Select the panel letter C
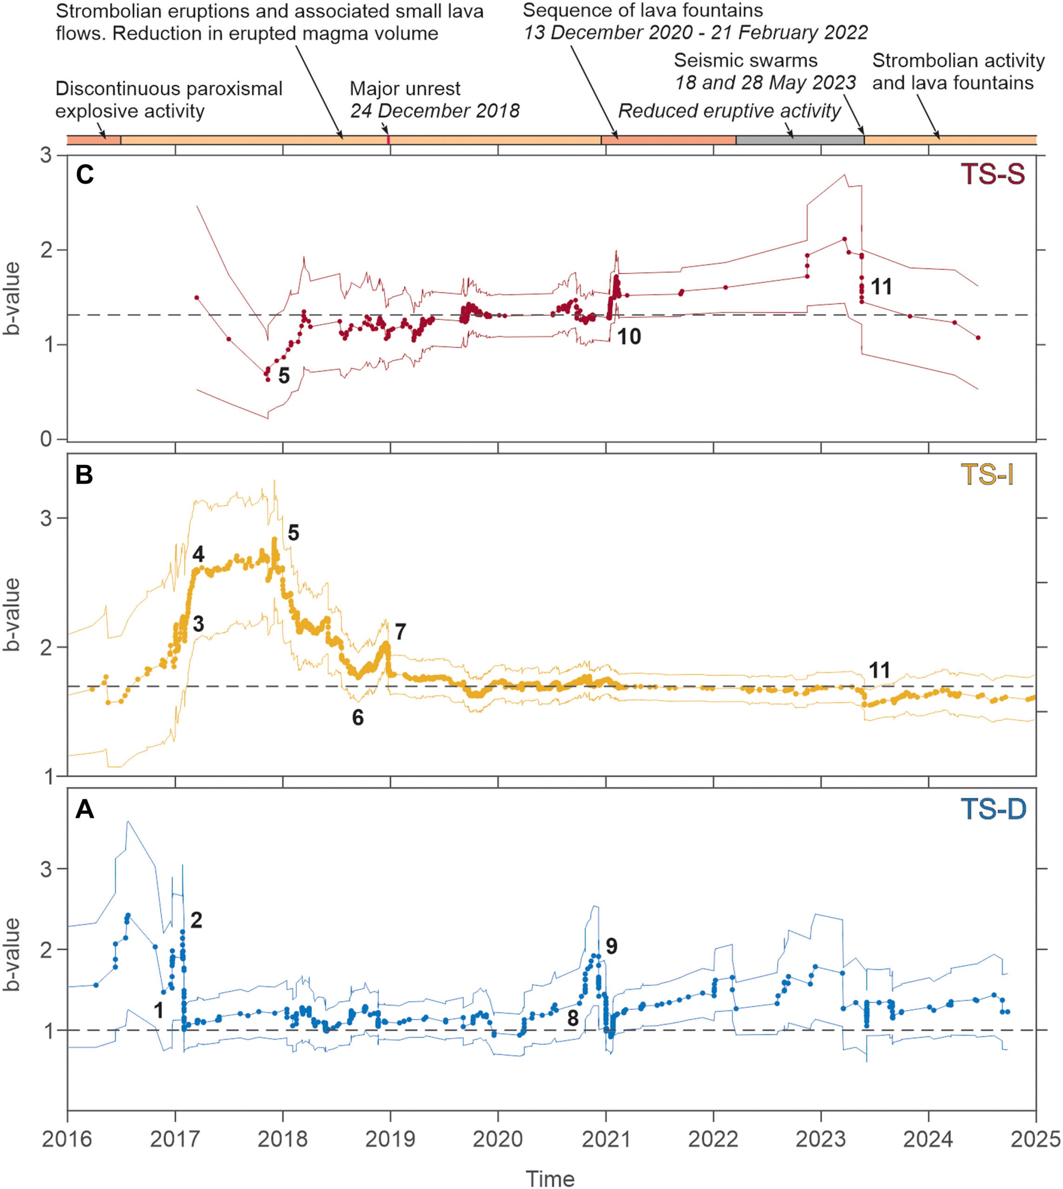pyautogui.click(x=85, y=176)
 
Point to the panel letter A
pyautogui.click(x=85, y=810)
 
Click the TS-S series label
pyautogui.click(x=992, y=175)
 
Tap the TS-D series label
pyautogui.click(x=992, y=810)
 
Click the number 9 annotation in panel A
pyautogui.click(x=611, y=946)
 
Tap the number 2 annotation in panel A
pyautogui.click(x=196, y=921)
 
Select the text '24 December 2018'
pyautogui.click(x=435, y=111)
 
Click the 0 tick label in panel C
pyautogui.click(x=47, y=439)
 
